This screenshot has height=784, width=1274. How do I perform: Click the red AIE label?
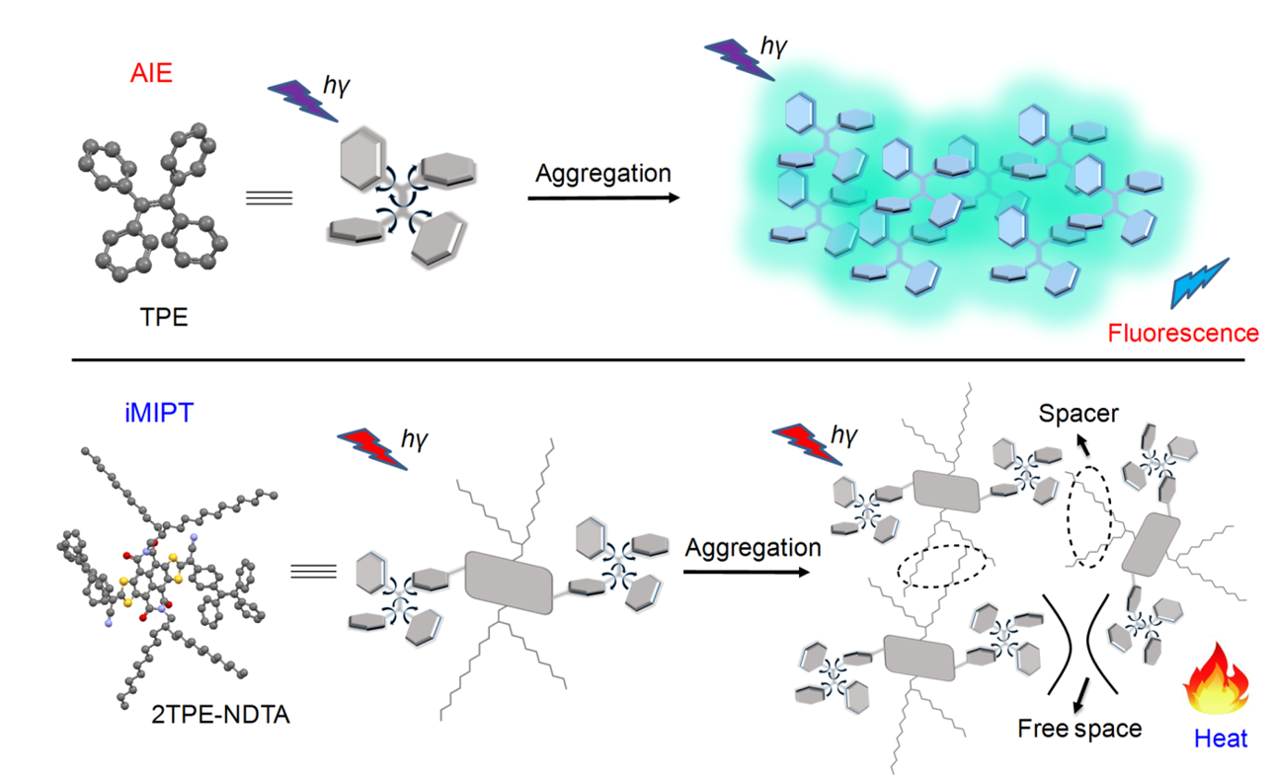click(x=150, y=73)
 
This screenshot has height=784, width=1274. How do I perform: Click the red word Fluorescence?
click(x=1183, y=333)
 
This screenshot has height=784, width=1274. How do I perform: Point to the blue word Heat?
click(x=1221, y=738)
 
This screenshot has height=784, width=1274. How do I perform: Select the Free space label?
click(x=1079, y=729)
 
